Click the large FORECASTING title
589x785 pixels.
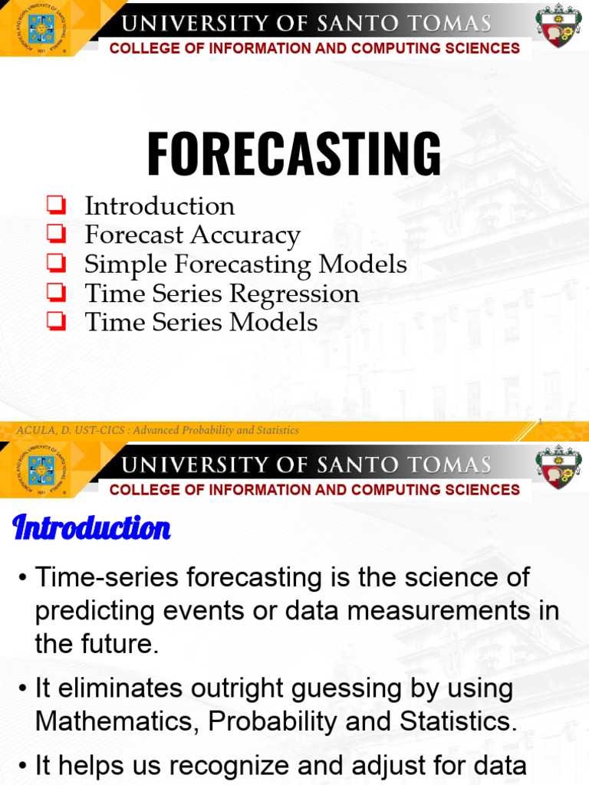[294, 153]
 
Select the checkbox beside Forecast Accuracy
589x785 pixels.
[55, 234]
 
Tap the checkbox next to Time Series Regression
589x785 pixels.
[55, 292]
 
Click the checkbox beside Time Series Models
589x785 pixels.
[55, 321]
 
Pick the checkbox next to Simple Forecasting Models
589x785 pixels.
[55, 263]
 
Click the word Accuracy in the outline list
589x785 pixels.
[246, 235]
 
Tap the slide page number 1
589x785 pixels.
[540, 421]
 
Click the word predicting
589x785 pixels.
[97, 611]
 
